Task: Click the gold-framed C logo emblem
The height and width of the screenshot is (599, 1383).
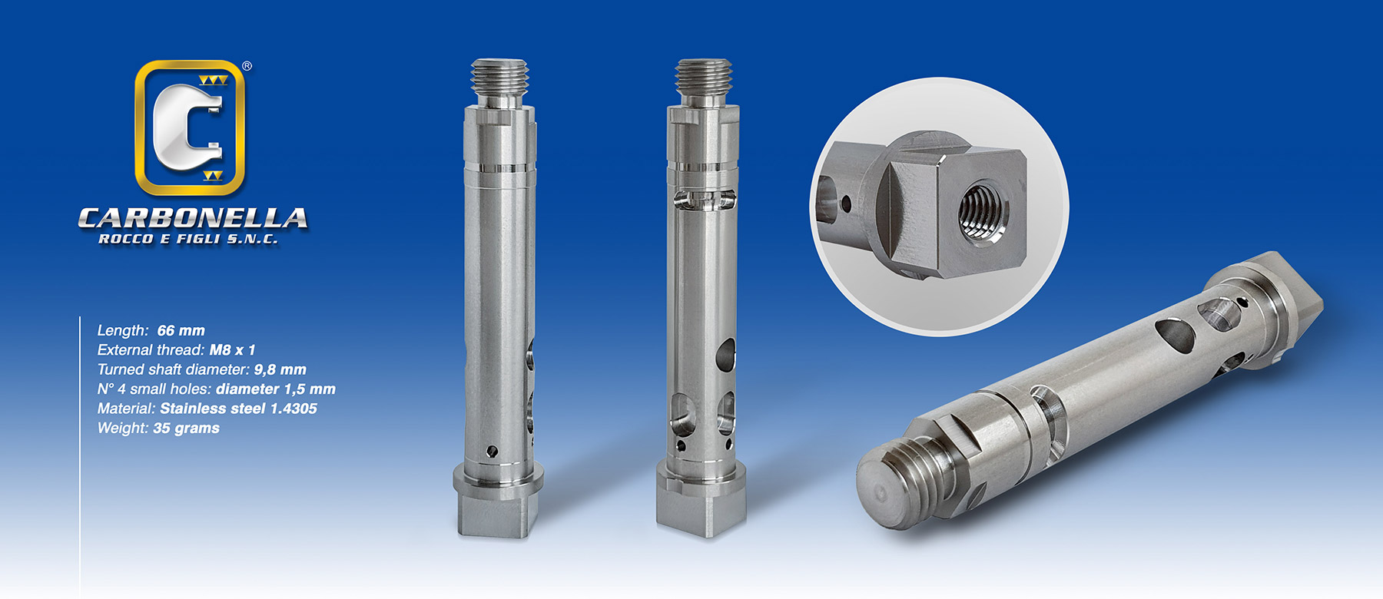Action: (190, 127)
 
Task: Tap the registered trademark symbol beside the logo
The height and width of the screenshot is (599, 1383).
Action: (247, 66)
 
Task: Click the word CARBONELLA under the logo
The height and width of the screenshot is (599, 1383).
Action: (193, 218)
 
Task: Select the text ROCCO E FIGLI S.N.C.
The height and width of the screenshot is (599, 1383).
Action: (188, 240)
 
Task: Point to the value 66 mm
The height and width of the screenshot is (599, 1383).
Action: (181, 330)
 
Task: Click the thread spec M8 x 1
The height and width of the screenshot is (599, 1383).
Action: (232, 350)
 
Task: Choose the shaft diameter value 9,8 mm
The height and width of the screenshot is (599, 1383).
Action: (280, 370)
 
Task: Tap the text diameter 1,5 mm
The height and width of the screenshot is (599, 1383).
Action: (276, 389)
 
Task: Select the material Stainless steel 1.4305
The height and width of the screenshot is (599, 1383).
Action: (238, 409)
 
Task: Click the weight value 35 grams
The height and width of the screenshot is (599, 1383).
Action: (186, 429)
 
